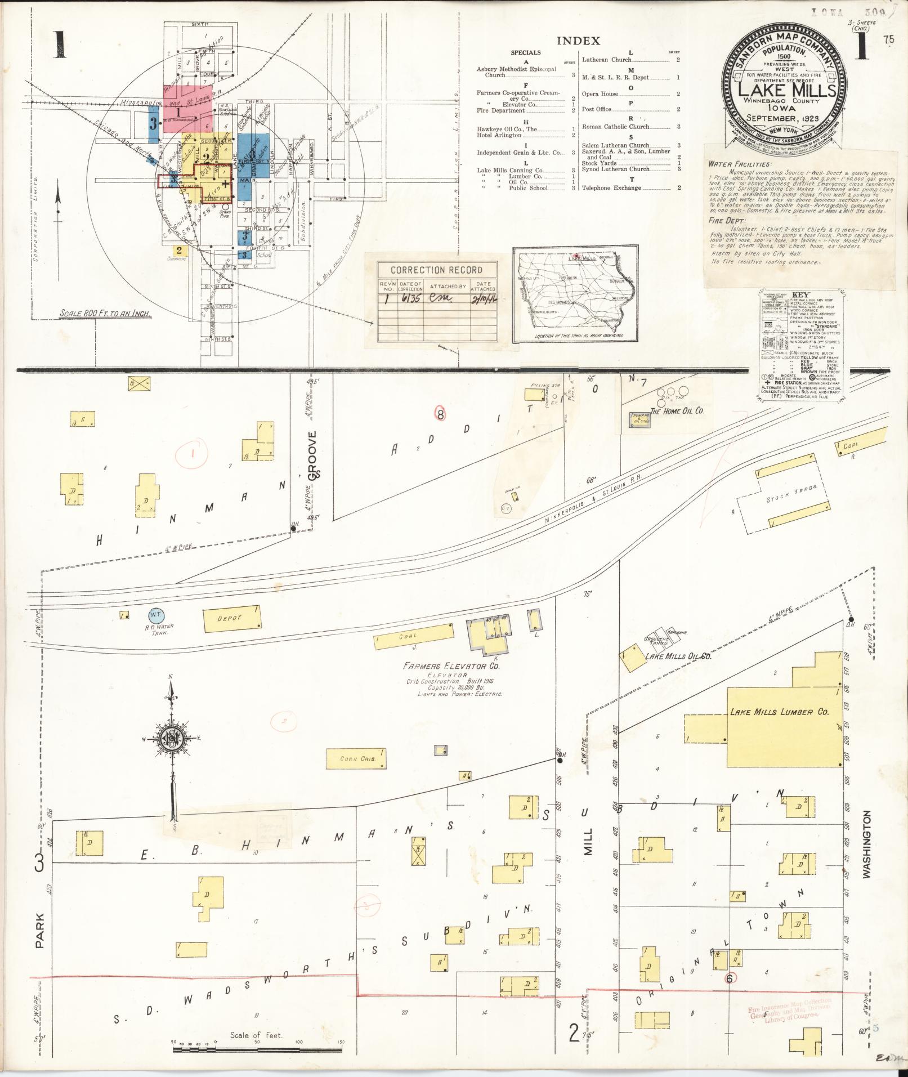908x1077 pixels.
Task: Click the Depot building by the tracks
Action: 232,618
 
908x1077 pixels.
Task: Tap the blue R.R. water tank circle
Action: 156,616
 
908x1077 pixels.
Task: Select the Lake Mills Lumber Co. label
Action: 779,712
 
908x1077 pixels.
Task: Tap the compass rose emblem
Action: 172,739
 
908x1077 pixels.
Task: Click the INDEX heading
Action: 578,41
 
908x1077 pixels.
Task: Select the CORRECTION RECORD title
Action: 437,270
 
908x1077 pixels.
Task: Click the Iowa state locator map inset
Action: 575,294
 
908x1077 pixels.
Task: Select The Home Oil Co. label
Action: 677,411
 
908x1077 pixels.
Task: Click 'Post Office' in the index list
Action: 596,109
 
